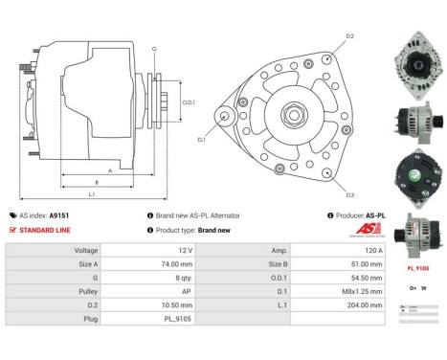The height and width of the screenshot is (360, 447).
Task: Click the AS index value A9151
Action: click(59, 215)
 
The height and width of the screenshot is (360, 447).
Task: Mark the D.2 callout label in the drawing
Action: click(349, 36)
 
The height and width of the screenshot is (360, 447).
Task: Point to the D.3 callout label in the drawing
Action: click(349, 194)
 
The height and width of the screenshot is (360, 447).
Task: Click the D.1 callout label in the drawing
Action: click(202, 140)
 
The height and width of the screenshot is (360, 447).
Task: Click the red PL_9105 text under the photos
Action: click(417, 269)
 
